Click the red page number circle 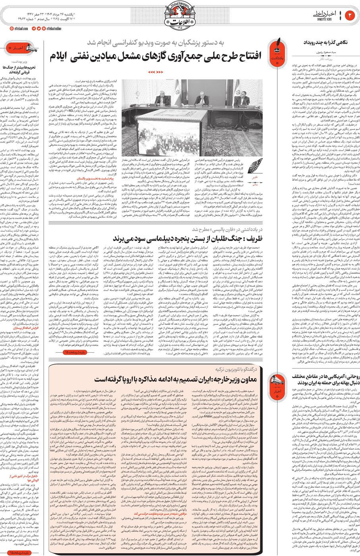coord(350,15)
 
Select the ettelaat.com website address coord(18,29)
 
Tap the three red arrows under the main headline coord(155,72)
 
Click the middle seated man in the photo coord(201,99)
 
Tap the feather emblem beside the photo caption coord(256,164)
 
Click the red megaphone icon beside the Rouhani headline coord(278,381)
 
